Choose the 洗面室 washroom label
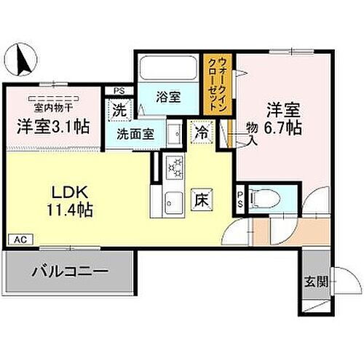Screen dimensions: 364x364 click(x=136, y=135)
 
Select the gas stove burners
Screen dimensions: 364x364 click(x=175, y=168)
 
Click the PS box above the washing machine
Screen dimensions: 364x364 click(x=119, y=91)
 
